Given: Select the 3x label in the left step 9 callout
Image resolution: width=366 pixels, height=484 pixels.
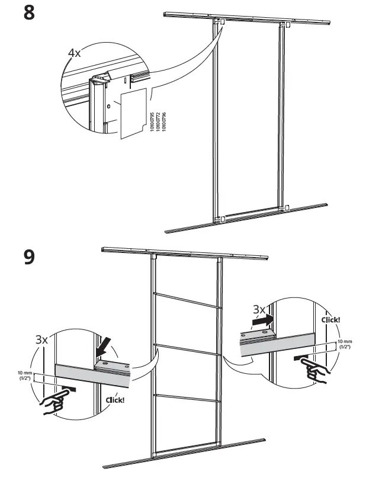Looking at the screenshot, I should pos(41,339).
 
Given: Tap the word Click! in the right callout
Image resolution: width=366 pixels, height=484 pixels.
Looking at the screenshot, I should pos(330,319).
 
